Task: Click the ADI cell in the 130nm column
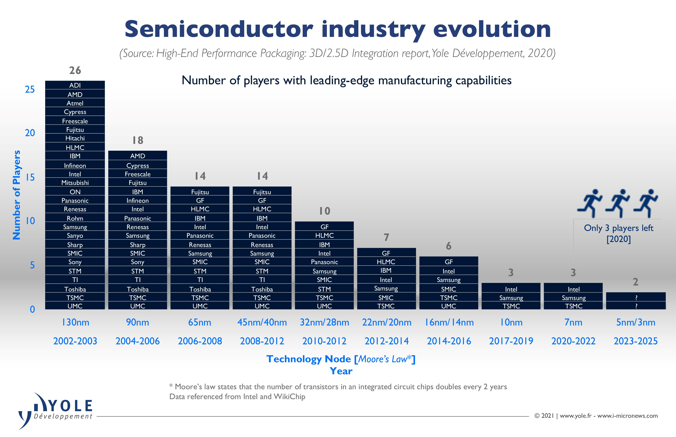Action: pos(75,85)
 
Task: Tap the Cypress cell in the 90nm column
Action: pos(137,165)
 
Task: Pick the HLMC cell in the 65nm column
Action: pos(200,209)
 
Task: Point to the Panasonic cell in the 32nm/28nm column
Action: pos(324,262)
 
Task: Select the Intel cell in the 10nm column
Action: pos(511,289)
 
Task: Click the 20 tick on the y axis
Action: pos(30,133)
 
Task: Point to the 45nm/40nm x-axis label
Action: pos(262,322)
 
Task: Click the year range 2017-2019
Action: pos(511,341)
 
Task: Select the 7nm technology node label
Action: pos(573,322)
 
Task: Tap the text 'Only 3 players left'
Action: pos(619,228)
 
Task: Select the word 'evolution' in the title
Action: pos(492,30)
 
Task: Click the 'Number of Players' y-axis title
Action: pos(17,195)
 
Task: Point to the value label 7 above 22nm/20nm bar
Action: pos(386,237)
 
